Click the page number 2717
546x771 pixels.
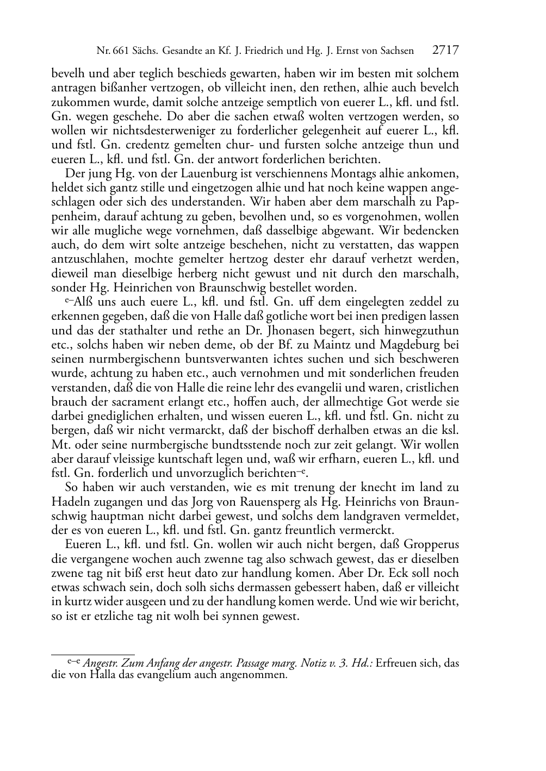click(446, 51)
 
